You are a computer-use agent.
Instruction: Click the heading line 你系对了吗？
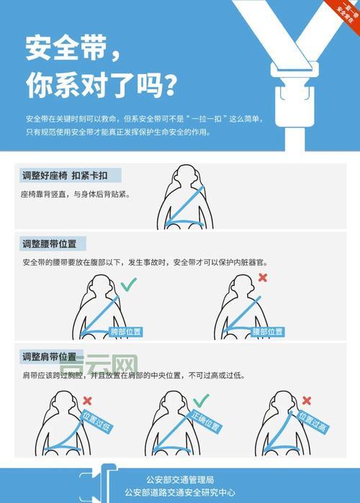[101, 86]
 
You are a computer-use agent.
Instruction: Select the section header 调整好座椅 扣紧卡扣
[71, 176]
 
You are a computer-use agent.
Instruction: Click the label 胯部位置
[125, 331]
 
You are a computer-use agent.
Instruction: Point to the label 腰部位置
[267, 331]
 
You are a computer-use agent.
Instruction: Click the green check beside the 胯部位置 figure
[129, 285]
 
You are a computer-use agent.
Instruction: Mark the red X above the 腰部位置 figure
[263, 277]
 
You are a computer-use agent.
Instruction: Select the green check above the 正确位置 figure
[201, 399]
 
